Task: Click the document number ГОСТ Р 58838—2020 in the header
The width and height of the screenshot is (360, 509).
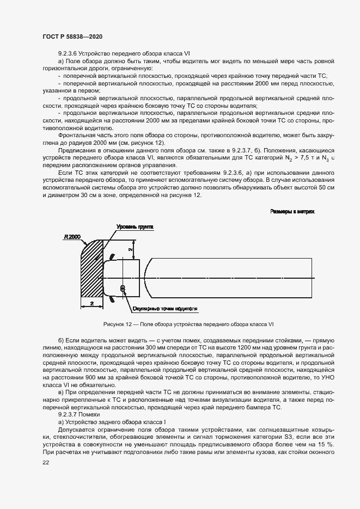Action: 72,36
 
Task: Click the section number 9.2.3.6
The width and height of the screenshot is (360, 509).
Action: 68,53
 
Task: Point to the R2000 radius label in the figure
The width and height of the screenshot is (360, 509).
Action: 72,236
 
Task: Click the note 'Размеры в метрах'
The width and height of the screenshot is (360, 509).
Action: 292,211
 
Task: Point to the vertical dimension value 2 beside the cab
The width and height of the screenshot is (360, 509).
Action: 130,249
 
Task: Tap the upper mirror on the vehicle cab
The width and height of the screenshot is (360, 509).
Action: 112,255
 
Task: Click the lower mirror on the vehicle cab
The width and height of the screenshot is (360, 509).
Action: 113,299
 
